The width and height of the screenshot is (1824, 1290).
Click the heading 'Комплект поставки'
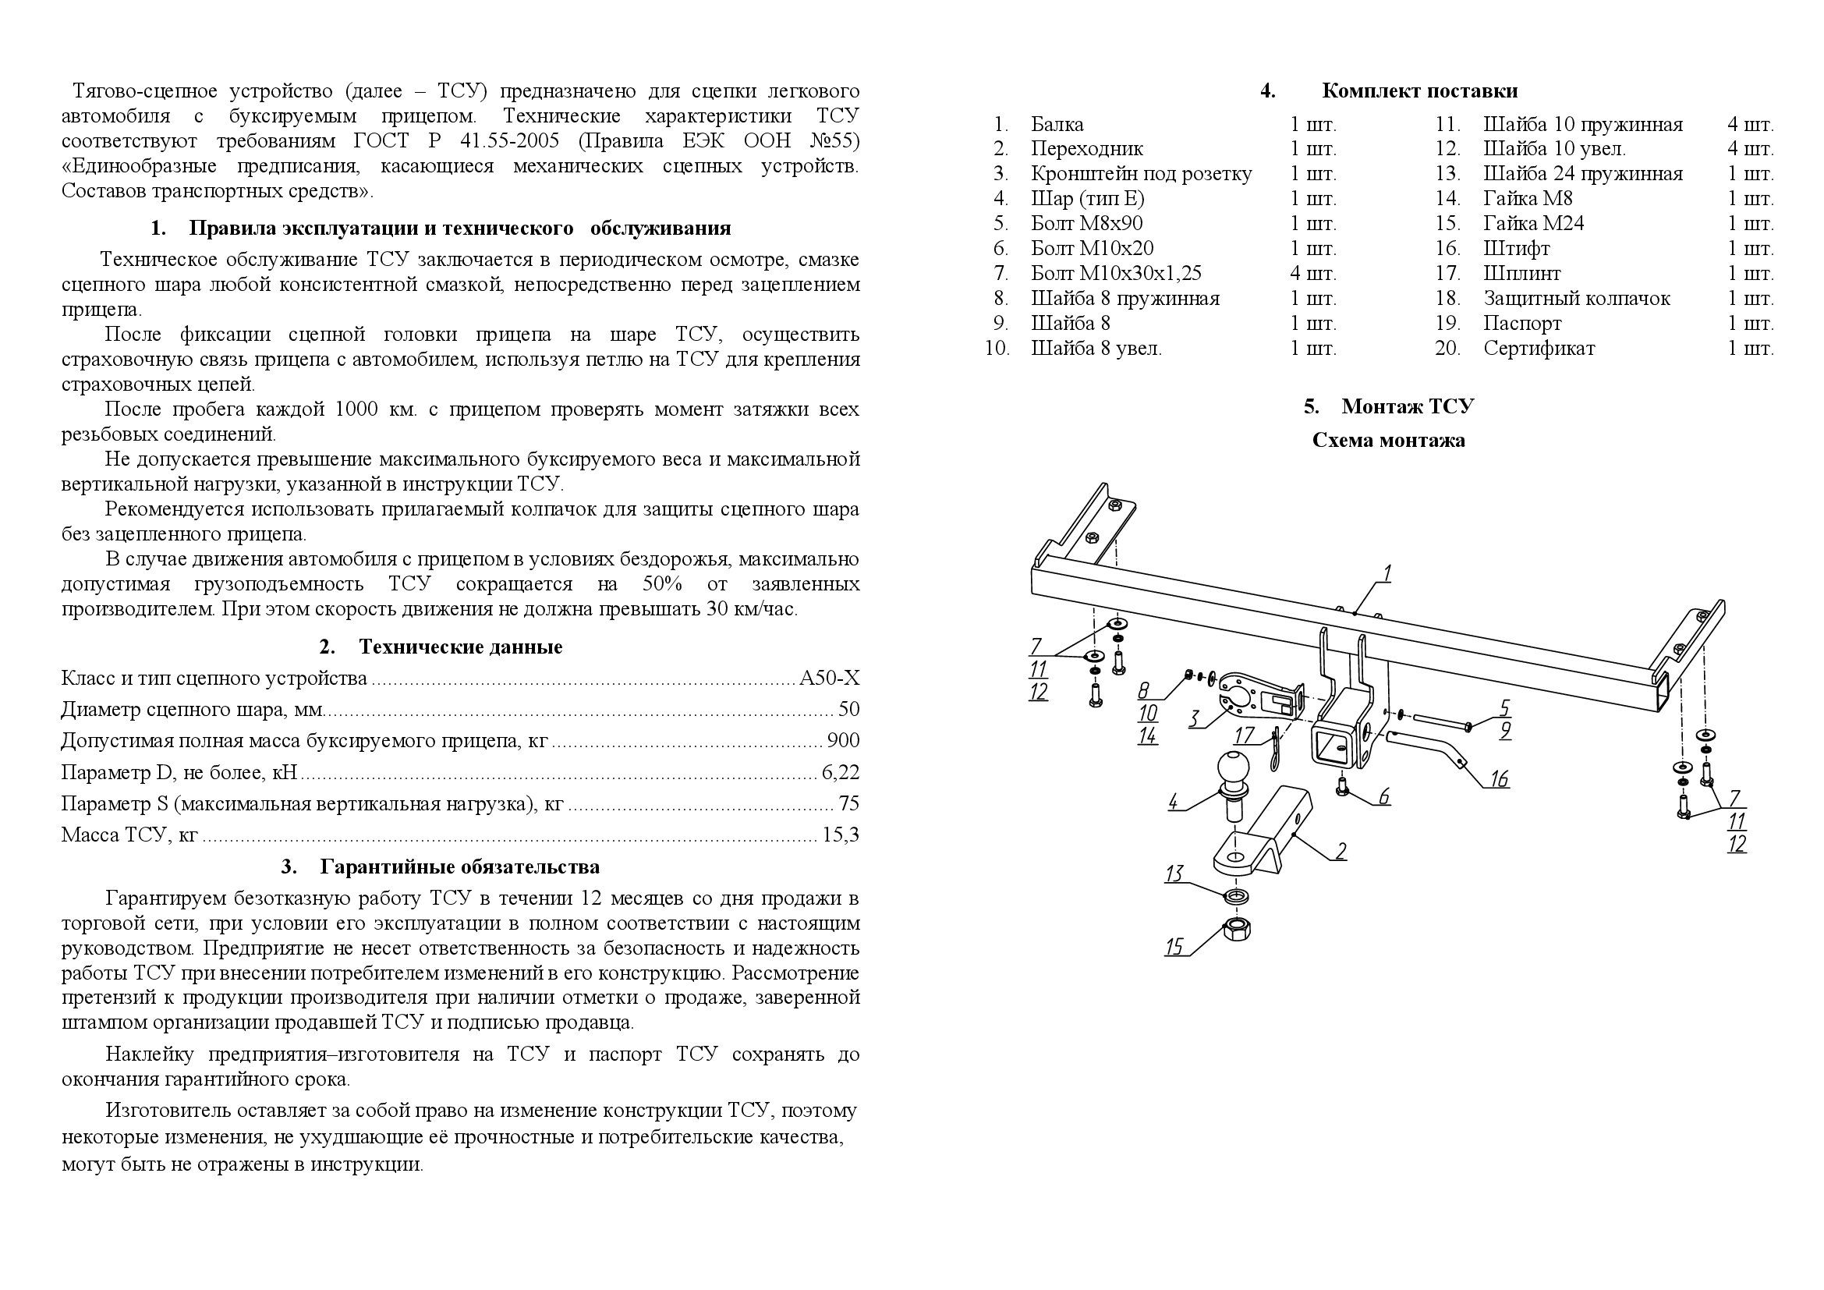1418,90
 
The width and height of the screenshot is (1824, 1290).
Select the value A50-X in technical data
829,679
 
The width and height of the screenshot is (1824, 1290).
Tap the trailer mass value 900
843,740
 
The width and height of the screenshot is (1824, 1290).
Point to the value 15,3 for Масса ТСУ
842,835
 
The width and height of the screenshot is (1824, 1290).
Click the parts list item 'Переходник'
1087,148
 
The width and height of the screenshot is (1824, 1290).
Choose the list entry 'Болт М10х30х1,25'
1116,273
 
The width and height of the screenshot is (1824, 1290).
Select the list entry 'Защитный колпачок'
1576,299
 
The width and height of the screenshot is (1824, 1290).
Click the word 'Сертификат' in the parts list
1539,349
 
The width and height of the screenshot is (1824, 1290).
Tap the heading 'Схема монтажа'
1388,440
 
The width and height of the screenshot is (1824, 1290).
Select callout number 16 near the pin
1498,778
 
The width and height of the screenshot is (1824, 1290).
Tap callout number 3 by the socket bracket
1193,719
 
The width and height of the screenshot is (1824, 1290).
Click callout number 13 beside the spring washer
1174,874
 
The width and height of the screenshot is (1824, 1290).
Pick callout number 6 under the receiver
1383,796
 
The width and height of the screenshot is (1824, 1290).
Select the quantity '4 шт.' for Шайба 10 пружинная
1749,125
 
